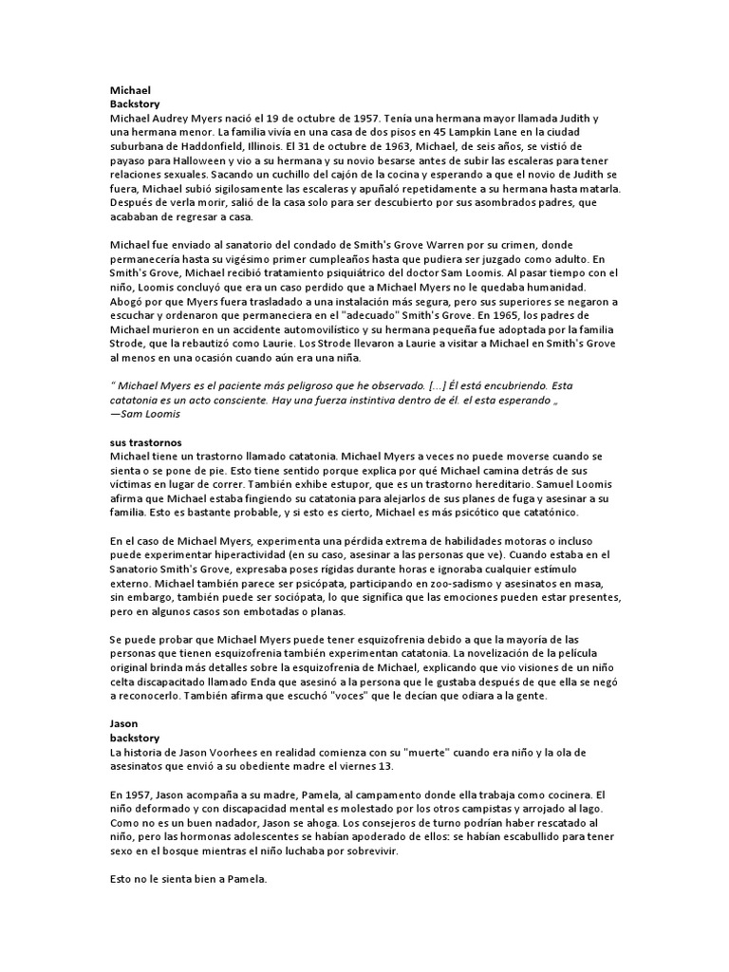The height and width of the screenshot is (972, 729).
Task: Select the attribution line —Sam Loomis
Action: pyautogui.click(x=145, y=415)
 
